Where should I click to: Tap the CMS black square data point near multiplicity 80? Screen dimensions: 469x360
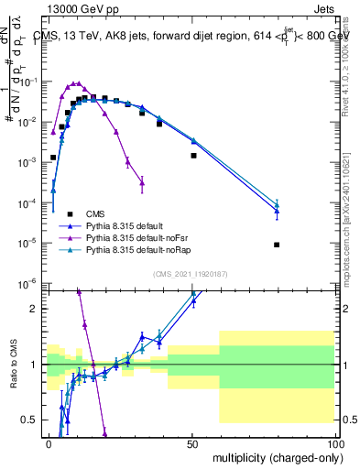(277, 245)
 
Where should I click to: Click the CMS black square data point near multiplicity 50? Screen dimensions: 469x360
(193, 156)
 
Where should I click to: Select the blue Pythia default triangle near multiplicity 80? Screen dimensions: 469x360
(277, 212)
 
